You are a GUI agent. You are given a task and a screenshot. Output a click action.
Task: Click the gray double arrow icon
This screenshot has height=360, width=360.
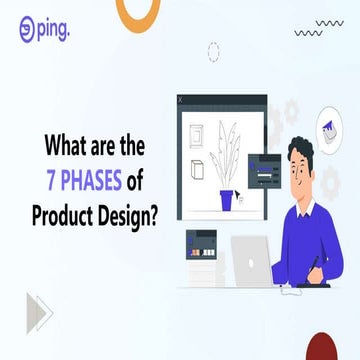tap(39, 311)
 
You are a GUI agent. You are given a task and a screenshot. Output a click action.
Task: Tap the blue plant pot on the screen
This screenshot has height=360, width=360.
tap(227, 200)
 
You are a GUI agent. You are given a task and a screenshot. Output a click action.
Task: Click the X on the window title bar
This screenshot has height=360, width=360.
tap(181, 100)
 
